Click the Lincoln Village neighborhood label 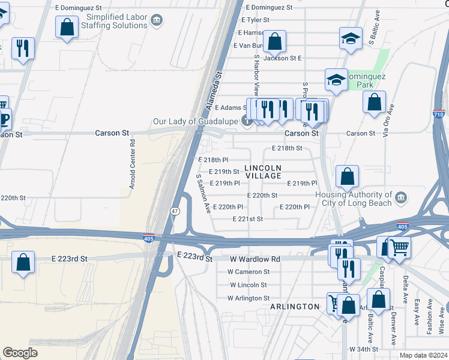263,172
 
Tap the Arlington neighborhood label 295,307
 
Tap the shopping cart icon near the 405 399,246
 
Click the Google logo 20,353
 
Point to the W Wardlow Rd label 255,259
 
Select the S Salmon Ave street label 203,194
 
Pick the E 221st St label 248,219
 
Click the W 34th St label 364,349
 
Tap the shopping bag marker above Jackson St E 274,41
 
